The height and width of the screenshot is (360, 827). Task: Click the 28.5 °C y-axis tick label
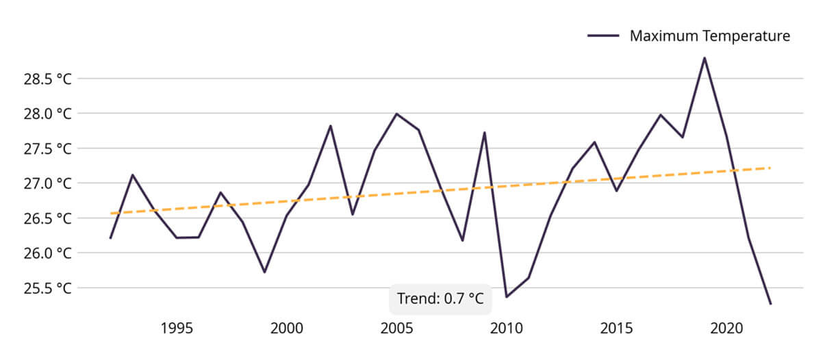[48, 79]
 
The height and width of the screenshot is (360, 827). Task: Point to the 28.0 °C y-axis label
[48, 114]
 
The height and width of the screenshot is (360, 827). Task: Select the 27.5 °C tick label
[48, 149]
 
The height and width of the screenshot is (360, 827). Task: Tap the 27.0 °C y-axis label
[48, 183]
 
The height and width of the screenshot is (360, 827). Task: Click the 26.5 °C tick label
[48, 218]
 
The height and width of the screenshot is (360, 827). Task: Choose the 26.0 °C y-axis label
[48, 253]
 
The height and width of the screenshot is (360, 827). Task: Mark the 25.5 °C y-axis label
[48, 288]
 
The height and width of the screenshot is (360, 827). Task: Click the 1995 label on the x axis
[177, 329]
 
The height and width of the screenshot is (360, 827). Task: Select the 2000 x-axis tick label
[287, 329]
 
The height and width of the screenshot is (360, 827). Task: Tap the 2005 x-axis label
[396, 329]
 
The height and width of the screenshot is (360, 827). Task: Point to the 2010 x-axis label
[507, 329]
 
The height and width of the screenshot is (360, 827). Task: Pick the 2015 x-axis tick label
[616, 329]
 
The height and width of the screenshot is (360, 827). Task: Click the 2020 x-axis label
[726, 329]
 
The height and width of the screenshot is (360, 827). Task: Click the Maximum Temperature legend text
[710, 36]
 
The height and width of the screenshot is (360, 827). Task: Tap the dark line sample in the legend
[604, 36]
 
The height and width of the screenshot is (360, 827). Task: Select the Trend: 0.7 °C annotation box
[440, 299]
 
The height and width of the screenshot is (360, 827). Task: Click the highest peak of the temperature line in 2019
[704, 58]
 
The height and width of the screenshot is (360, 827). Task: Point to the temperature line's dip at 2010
[507, 296]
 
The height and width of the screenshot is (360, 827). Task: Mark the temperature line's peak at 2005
[396, 114]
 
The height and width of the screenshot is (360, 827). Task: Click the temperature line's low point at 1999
[264, 272]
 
